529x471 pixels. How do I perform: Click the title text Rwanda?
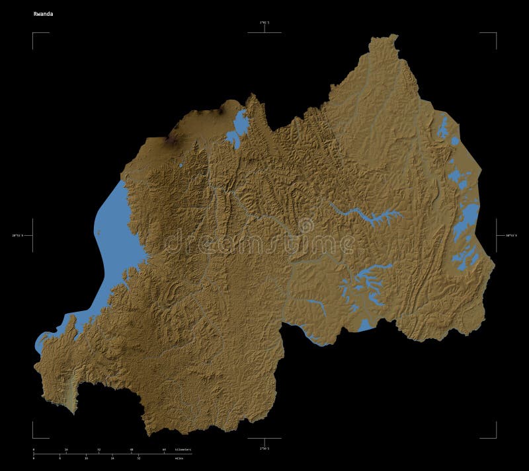(x=44, y=13)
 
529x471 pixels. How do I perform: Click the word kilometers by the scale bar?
(x=183, y=449)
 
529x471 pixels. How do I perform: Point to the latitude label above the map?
(x=264, y=23)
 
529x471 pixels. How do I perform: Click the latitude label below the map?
(x=264, y=449)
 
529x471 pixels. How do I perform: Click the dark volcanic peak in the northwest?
(x=173, y=140)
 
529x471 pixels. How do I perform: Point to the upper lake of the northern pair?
(x=241, y=122)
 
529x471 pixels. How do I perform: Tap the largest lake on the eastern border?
(x=468, y=218)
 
